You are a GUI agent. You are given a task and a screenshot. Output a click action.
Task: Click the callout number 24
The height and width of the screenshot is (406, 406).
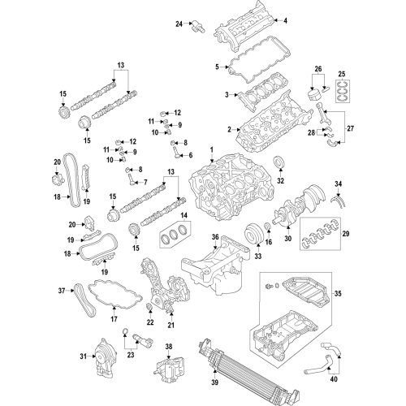[179, 24]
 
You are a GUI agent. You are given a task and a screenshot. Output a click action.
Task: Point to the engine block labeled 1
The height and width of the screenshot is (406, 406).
[219, 191]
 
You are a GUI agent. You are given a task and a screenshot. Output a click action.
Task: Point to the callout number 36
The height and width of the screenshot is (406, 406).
[216, 238]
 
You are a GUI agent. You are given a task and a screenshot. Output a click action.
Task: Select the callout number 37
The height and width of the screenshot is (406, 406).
[61, 289]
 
